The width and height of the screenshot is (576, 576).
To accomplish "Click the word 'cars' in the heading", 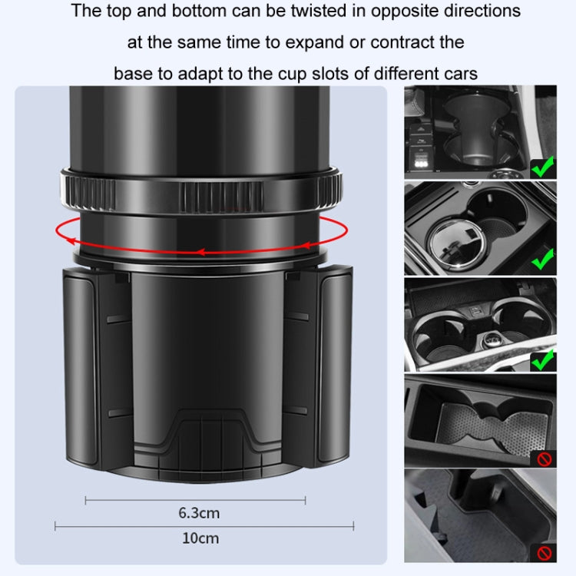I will click(461, 74).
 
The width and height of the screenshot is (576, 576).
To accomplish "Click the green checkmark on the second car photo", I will click(542, 261).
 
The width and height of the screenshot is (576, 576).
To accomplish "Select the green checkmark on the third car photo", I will click(542, 358).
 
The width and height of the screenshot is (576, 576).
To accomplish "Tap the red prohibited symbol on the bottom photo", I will click(543, 552).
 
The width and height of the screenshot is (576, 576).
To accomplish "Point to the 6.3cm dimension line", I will click(195, 501).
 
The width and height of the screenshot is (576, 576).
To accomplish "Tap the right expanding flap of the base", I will click(334, 361).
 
